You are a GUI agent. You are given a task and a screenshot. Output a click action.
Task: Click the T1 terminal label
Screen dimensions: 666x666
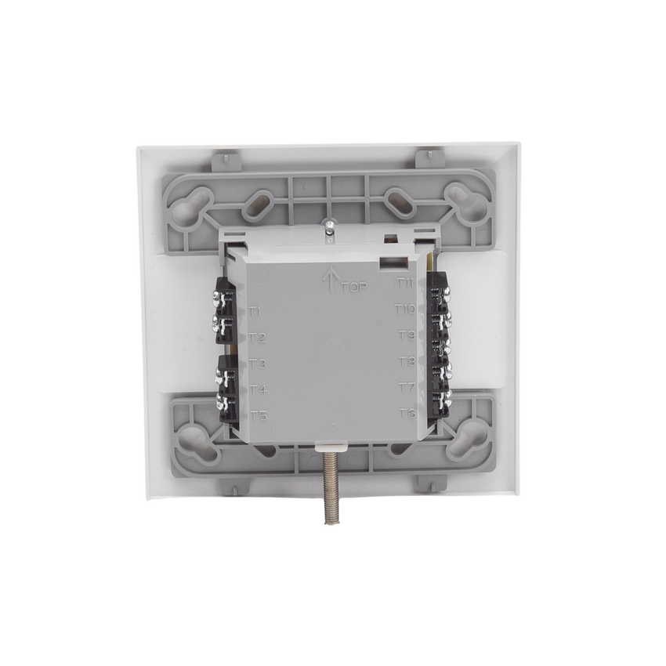tap(255, 313)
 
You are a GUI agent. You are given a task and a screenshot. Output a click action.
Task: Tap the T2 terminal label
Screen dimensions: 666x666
tap(256, 338)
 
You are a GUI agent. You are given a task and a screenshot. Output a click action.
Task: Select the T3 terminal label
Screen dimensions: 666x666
tap(257, 364)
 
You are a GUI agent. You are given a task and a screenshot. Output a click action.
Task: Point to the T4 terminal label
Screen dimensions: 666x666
tap(258, 389)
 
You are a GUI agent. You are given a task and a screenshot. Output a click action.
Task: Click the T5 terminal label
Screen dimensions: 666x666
tap(259, 415)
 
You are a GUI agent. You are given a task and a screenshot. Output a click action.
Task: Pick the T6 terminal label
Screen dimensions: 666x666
tap(407, 413)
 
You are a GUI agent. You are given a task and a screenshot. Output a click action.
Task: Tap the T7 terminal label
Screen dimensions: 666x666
tap(407, 387)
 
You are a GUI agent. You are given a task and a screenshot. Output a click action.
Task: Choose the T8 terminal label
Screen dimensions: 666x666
tap(407, 362)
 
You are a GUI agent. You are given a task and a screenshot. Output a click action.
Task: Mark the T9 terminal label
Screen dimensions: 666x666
tap(407, 336)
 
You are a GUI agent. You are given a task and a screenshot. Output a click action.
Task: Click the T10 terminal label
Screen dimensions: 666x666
tap(405, 309)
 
